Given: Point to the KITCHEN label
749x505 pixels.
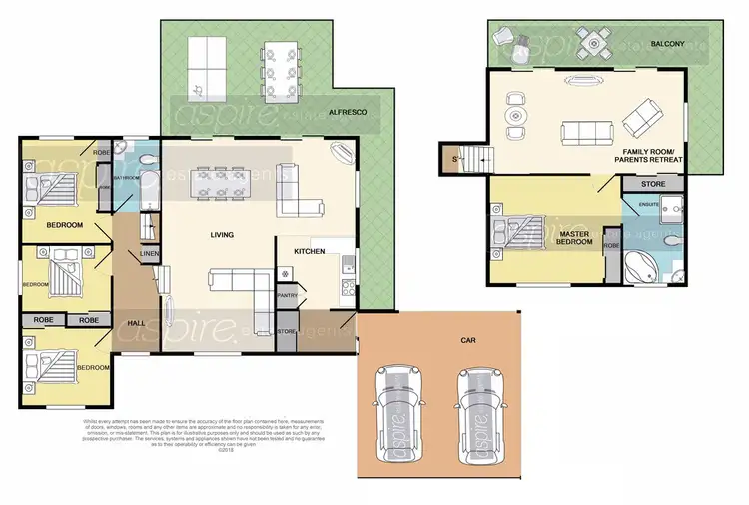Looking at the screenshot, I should (x=309, y=251).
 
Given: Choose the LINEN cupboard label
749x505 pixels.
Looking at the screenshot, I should (x=148, y=253).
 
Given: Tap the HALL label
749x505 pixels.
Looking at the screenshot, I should (x=139, y=322).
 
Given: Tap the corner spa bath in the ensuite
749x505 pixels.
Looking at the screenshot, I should (x=638, y=266).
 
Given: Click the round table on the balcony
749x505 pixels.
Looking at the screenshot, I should (x=596, y=41).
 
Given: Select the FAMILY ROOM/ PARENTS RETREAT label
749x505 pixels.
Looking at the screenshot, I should (x=649, y=155).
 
